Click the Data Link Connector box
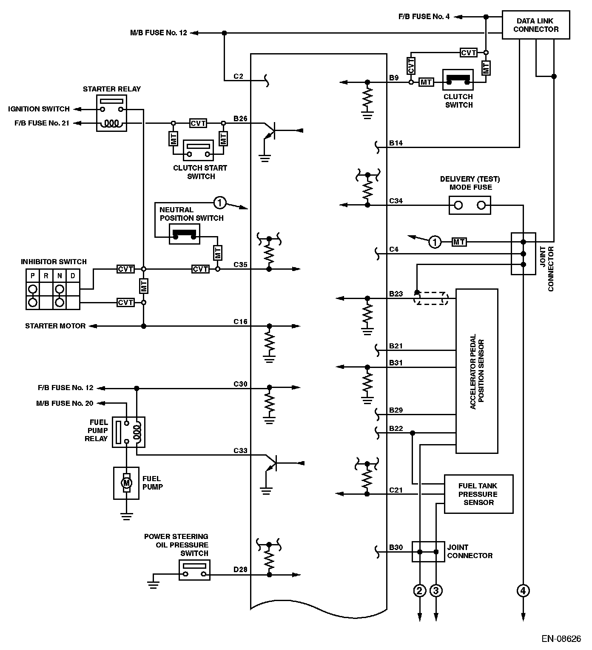(x=535, y=25)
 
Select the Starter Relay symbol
(x=111, y=113)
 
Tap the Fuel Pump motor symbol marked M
(x=126, y=483)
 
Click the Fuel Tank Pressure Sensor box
(x=478, y=494)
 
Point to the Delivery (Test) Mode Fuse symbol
(x=470, y=205)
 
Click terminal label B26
(x=240, y=119)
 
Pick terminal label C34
(x=396, y=201)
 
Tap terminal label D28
(x=240, y=570)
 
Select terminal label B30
(x=396, y=547)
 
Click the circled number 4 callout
(x=523, y=590)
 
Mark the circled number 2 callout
(x=420, y=590)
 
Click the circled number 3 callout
(x=436, y=590)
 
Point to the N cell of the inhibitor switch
(x=60, y=276)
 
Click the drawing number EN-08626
(x=561, y=639)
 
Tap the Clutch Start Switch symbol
(x=198, y=150)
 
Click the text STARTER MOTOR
(x=55, y=326)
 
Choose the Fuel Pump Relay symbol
(x=128, y=432)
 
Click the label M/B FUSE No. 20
(x=65, y=403)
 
